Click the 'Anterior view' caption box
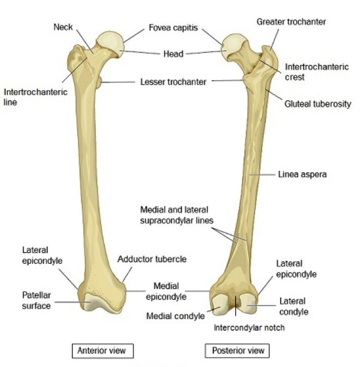[103, 350]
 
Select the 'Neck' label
[63, 26]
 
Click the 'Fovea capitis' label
[173, 27]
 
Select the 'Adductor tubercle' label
[152, 259]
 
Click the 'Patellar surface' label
[36, 300]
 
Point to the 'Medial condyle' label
[175, 316]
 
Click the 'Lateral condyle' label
[294, 306]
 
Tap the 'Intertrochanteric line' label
[35, 97]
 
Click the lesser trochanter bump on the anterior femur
[99, 84]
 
